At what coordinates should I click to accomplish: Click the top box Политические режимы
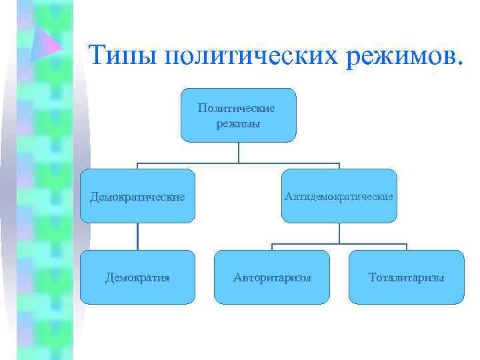point(238,115)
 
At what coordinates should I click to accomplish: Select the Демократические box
point(138,196)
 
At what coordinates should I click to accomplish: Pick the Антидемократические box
point(339,196)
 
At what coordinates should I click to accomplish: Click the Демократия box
point(138,277)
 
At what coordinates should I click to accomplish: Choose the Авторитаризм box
point(272,277)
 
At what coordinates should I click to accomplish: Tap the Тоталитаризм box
point(406,277)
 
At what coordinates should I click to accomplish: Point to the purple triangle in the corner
point(47,45)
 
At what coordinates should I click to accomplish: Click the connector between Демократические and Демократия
point(138,236)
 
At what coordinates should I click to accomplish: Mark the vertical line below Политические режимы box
point(238,153)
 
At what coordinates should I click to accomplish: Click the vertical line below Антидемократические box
point(339,233)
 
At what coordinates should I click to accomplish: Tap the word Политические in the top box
point(237,107)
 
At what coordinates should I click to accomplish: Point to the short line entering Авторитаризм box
point(272,247)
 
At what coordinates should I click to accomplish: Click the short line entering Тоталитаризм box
point(406,247)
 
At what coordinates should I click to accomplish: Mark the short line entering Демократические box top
point(138,166)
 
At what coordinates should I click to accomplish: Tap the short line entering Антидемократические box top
point(339,166)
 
